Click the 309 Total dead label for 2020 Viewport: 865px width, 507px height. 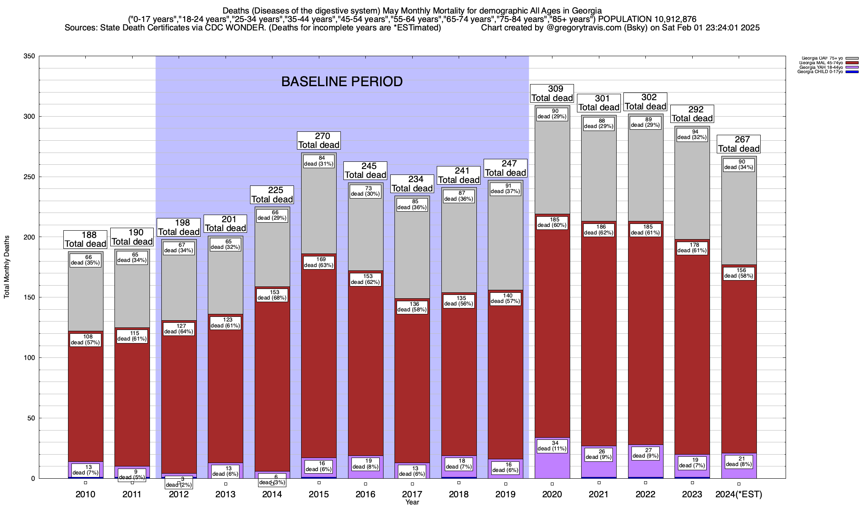(x=552, y=93)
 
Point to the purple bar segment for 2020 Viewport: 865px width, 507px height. (x=552, y=465)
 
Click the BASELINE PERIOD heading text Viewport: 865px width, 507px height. (x=342, y=82)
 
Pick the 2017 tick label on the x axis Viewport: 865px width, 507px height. (x=412, y=494)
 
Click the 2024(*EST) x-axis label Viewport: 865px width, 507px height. (x=739, y=494)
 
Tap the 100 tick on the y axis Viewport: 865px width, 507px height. (x=29, y=358)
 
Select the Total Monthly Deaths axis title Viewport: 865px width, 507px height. (x=7, y=267)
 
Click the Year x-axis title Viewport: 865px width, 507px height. (x=412, y=502)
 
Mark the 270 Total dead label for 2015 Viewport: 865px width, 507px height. (x=319, y=140)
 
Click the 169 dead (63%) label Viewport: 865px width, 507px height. (x=319, y=262)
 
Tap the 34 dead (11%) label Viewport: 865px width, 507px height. (x=552, y=445)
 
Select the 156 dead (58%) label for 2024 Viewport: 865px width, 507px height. (x=739, y=273)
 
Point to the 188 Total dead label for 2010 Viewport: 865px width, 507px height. (x=85, y=239)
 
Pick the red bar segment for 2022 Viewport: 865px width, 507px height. (x=645, y=338)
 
